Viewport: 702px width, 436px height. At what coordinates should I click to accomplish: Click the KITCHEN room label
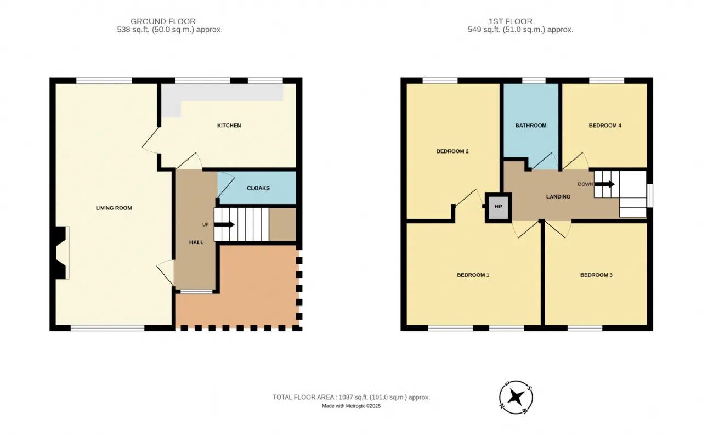coord(229,126)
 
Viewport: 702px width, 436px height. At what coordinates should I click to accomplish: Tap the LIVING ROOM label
coord(114,208)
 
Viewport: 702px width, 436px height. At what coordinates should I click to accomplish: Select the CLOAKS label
coord(258,188)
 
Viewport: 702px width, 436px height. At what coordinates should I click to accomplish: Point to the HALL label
coord(196,242)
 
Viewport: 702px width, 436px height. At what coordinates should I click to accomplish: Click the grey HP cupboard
coord(499,207)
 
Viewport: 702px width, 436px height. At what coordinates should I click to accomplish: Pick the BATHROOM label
coord(531,126)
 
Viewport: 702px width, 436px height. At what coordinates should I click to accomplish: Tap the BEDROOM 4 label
coord(605,126)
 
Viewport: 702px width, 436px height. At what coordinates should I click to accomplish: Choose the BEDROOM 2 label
coord(452,151)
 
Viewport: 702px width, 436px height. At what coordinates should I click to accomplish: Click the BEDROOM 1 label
coord(473,275)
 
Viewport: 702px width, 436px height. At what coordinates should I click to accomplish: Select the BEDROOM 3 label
coord(596,275)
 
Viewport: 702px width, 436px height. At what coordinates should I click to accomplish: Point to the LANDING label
coord(558,196)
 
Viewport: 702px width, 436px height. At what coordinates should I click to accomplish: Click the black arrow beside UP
coord(224,224)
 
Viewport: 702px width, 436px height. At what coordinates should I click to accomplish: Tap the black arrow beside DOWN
coord(604,184)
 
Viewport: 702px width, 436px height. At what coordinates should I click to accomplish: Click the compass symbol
coord(516,398)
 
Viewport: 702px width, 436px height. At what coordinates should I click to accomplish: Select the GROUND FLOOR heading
coord(163,21)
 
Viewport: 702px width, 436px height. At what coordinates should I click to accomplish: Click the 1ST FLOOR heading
coord(511,21)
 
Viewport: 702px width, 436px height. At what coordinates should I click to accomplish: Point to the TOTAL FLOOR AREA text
coord(351,397)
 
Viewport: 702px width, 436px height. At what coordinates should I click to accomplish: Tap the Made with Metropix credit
coord(352,406)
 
